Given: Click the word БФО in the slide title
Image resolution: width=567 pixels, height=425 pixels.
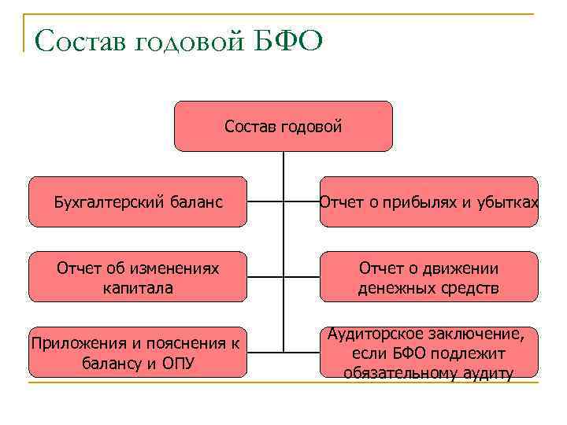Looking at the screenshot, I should [x=288, y=39].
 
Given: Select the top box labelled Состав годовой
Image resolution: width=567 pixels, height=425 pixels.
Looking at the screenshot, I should [x=283, y=126].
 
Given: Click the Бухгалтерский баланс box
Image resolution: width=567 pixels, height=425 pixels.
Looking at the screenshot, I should [x=138, y=202].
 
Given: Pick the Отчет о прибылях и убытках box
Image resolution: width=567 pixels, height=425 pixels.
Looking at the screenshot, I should [x=429, y=202].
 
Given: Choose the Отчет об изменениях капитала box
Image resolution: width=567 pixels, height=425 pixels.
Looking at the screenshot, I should [x=138, y=278].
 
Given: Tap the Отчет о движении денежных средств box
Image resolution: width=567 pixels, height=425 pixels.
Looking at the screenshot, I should [x=429, y=278].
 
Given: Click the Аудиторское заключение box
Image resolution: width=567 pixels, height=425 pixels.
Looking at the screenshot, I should [x=429, y=353].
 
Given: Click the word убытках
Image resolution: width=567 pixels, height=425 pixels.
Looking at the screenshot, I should [x=507, y=202].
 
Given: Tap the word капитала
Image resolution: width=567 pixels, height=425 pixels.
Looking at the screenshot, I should [x=138, y=288].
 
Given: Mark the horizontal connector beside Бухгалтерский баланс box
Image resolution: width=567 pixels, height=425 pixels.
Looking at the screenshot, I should [x=265, y=202].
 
